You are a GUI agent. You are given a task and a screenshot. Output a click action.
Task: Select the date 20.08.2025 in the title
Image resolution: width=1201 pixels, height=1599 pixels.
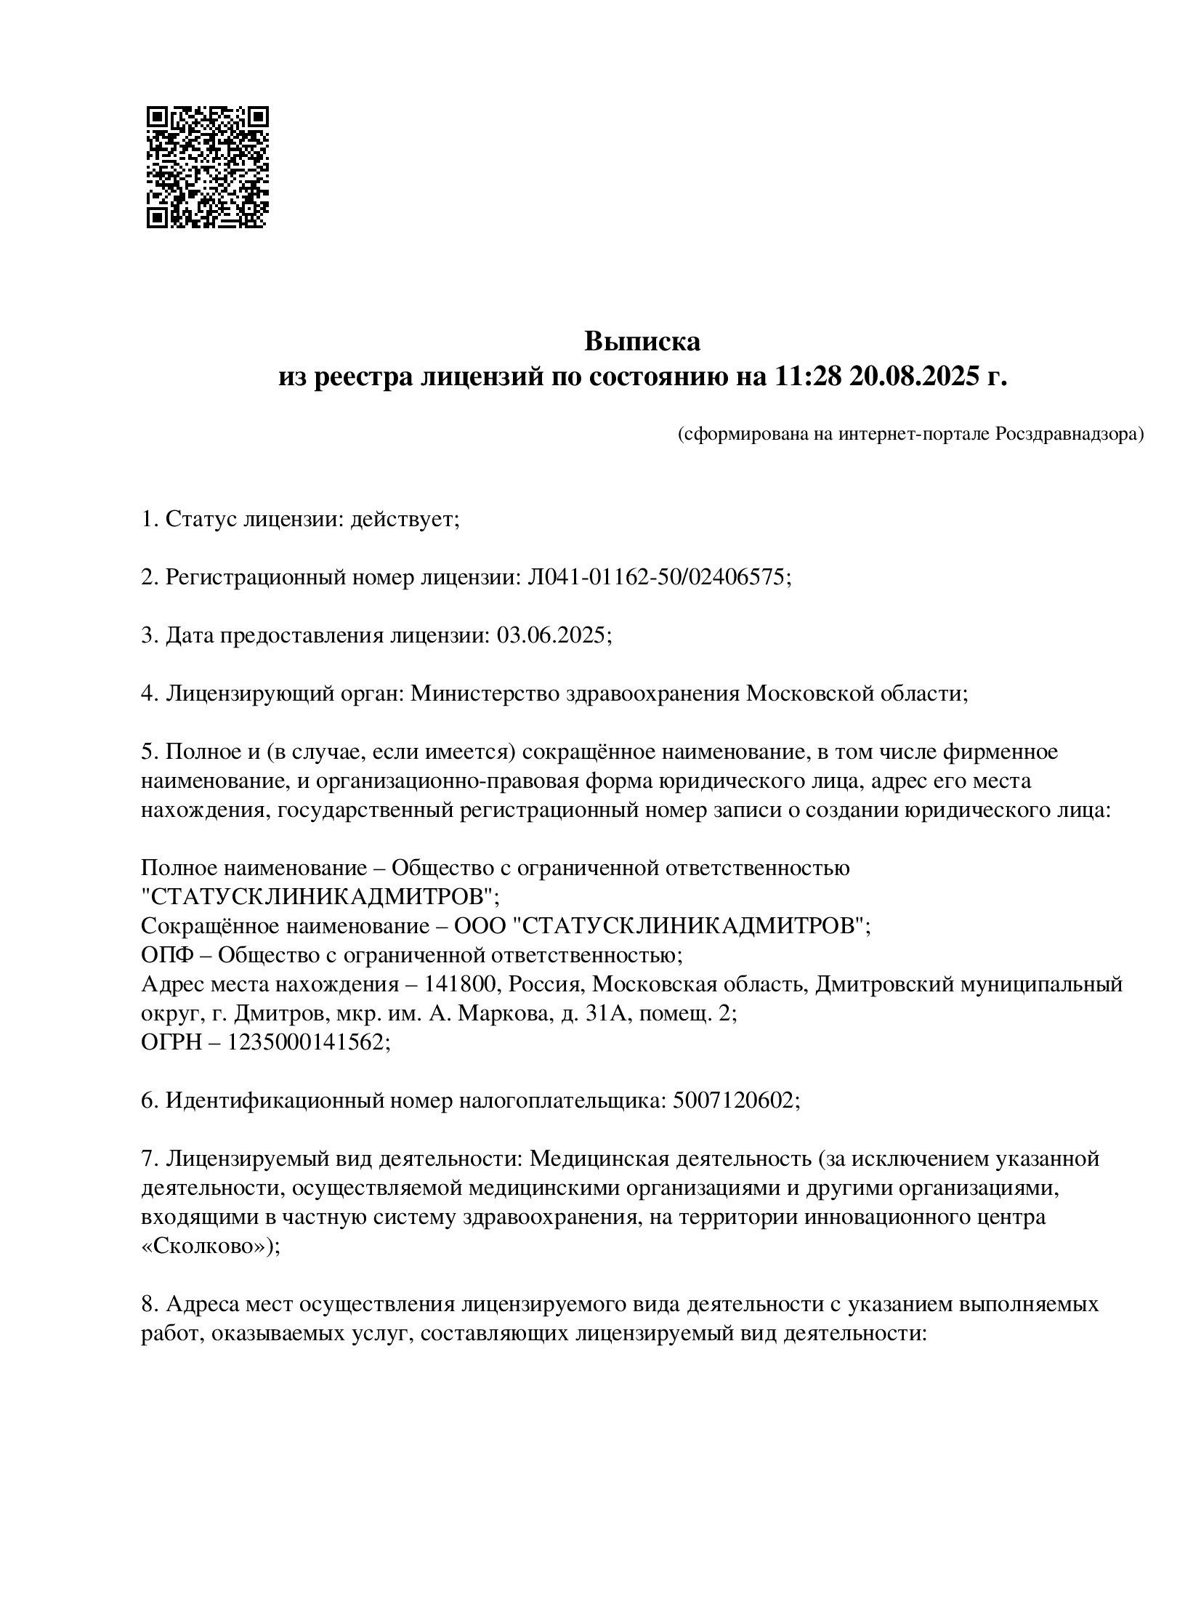[911, 377]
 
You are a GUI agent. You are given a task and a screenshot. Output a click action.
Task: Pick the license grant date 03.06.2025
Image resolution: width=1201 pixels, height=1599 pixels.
[550, 635]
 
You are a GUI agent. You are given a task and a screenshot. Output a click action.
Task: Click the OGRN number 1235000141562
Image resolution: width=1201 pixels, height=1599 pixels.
[305, 1042]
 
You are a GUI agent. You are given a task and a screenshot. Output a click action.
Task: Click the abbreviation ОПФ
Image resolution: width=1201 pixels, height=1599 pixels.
[166, 955]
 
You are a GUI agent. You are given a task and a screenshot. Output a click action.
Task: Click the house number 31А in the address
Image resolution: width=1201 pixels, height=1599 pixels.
[604, 1013]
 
